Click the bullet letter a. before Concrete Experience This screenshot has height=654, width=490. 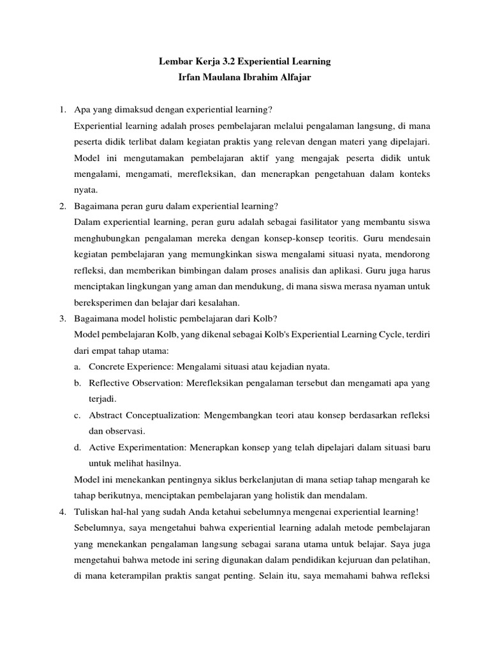(x=77, y=367)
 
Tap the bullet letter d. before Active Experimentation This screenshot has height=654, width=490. (x=77, y=446)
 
